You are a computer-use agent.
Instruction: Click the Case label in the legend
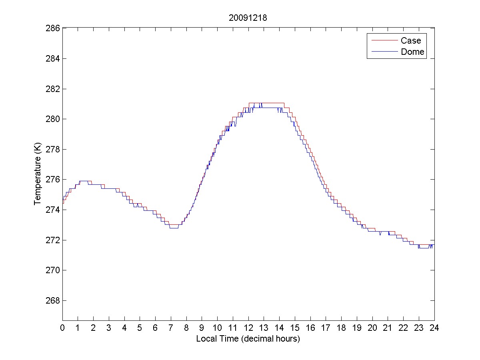coord(411,40)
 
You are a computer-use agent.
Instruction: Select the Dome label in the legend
coord(412,52)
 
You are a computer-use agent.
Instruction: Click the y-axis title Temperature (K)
coord(38,174)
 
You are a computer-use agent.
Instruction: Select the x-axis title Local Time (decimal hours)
coord(248,339)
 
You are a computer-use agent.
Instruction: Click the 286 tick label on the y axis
coord(53,28)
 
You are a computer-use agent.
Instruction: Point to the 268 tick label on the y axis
coord(53,300)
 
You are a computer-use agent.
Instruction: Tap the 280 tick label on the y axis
coord(53,119)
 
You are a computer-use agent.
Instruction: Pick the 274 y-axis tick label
coord(53,210)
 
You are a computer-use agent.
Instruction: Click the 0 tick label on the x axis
coord(62,328)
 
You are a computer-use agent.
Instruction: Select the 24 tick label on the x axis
coord(434,328)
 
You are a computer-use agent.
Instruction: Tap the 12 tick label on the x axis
coord(248,328)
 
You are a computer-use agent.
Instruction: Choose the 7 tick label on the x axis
coord(171,328)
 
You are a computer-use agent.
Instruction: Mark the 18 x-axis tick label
coord(341,328)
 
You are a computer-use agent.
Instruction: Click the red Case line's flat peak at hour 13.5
coord(272,103)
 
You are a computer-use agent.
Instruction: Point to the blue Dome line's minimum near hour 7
coord(174,228)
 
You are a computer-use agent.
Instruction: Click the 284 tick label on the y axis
coord(53,59)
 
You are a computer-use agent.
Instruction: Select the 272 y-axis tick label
coord(53,240)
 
